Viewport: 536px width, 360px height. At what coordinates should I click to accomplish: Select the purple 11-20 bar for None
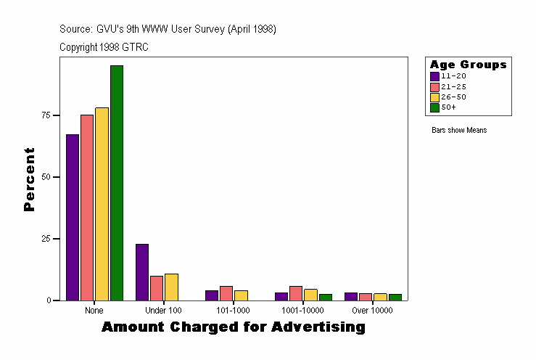click(x=73, y=217)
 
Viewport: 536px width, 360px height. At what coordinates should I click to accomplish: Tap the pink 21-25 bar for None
click(x=87, y=208)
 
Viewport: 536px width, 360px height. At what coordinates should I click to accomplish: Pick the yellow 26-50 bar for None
click(x=102, y=204)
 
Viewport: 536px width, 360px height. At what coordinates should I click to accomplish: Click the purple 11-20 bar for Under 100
click(x=142, y=272)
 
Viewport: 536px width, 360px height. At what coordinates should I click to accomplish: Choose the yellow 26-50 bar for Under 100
click(x=171, y=287)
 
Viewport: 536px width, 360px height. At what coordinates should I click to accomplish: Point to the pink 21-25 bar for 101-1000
click(x=226, y=293)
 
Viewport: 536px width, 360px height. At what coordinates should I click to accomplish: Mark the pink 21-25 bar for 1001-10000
click(x=296, y=293)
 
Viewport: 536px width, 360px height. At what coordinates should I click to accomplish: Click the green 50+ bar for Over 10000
click(x=395, y=297)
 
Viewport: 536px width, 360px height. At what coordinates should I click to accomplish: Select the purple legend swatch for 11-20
click(x=434, y=75)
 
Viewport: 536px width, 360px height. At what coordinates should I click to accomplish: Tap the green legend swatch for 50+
click(x=434, y=107)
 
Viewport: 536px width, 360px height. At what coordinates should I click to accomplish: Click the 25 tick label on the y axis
click(x=46, y=239)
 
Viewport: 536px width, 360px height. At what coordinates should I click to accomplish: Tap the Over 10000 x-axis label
click(x=372, y=311)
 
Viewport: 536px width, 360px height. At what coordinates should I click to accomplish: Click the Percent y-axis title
click(x=30, y=179)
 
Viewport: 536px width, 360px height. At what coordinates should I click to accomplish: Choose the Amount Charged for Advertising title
click(x=233, y=327)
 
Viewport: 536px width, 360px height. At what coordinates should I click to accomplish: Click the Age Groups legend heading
click(x=468, y=65)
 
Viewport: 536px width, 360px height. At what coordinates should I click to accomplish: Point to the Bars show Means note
click(x=459, y=131)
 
